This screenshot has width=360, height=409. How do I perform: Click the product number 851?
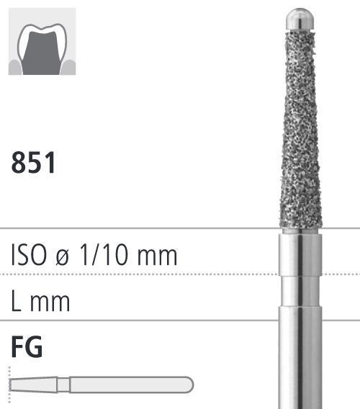coord(33,162)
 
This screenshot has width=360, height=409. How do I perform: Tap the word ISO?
coord(29,255)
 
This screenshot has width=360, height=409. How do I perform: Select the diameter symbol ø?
coord(63,256)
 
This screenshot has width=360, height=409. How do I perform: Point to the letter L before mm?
coord(16,301)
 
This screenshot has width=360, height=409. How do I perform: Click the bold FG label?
coord(27,347)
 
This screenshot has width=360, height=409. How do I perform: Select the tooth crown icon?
coord(42,42)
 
